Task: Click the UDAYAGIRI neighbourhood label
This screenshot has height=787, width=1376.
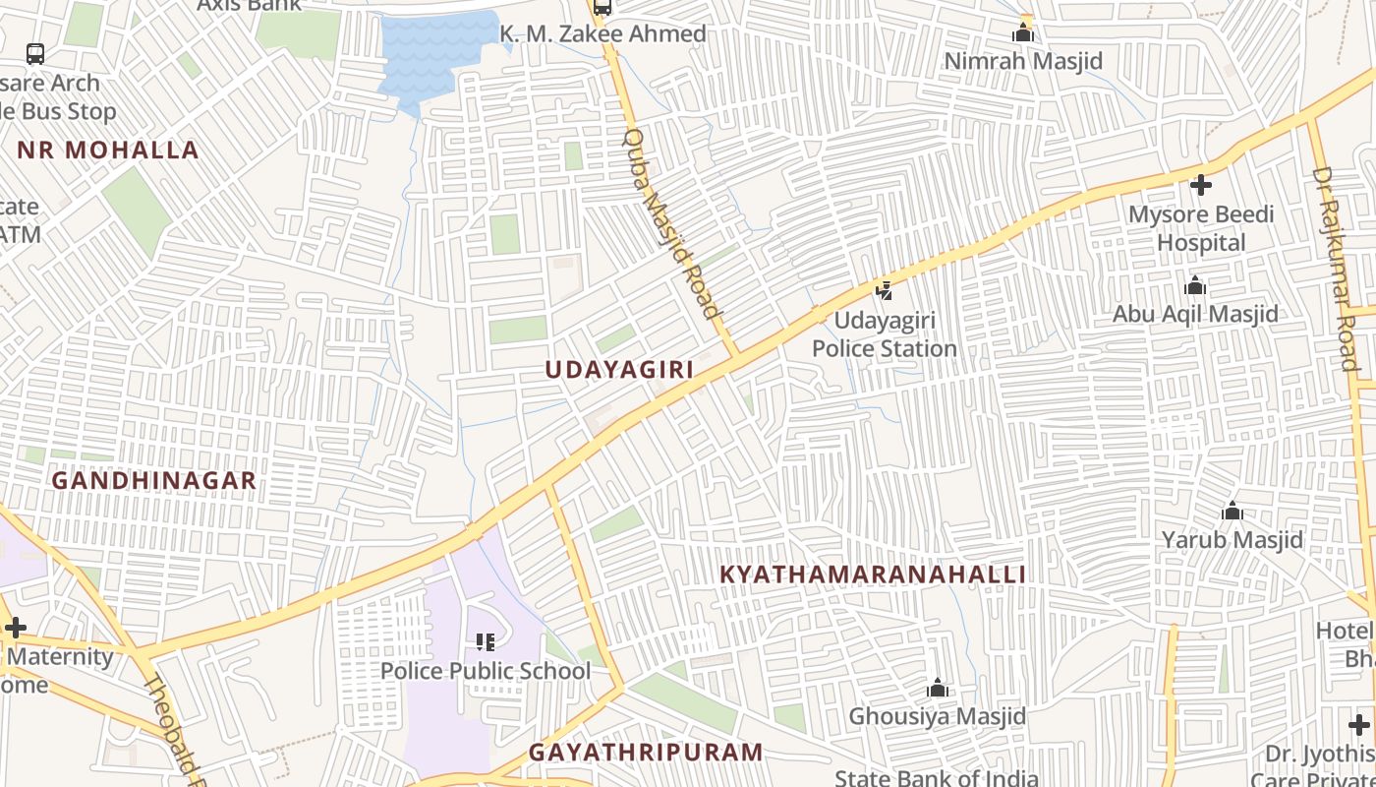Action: pyautogui.click(x=619, y=370)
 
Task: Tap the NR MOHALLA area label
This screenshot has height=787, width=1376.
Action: pyautogui.click(x=108, y=151)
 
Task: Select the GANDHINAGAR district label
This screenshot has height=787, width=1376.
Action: pyautogui.click(x=153, y=481)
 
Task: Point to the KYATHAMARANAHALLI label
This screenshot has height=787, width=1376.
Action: pyautogui.click(x=873, y=575)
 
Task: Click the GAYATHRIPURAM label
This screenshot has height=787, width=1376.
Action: pyautogui.click(x=646, y=753)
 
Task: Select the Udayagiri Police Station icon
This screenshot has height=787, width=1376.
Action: pyautogui.click(x=885, y=291)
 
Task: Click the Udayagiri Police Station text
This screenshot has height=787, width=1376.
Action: pyautogui.click(x=885, y=334)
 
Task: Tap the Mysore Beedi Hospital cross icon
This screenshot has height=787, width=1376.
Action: pyautogui.click(x=1200, y=185)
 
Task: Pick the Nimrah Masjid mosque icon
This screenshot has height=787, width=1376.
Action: pyautogui.click(x=1023, y=33)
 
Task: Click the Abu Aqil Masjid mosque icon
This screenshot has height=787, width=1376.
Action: pyautogui.click(x=1195, y=286)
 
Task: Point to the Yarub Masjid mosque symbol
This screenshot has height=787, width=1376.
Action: pyautogui.click(x=1232, y=512)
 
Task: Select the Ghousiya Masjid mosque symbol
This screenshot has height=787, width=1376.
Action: pyautogui.click(x=938, y=688)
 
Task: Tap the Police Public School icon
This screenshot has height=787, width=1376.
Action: pyautogui.click(x=486, y=642)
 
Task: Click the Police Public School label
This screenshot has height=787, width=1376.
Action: pyautogui.click(x=486, y=671)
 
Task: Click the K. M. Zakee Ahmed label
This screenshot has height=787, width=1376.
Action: pyautogui.click(x=602, y=34)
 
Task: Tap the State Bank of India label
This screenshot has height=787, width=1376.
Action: pyautogui.click(x=936, y=778)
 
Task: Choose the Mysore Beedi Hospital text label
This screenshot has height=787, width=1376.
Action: pyautogui.click(x=1201, y=228)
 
